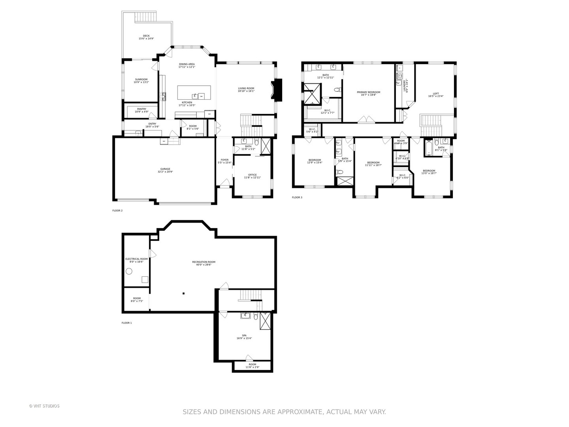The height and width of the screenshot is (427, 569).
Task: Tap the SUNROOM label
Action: click(141, 79)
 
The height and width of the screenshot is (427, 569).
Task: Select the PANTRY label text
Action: click(141, 109)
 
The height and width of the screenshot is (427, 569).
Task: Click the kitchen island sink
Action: click(194, 96)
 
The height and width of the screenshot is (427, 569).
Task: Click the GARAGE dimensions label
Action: click(165, 172)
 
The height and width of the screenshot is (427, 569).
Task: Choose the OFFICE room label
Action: click(252, 175)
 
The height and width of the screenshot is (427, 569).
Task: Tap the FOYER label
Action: click(224, 160)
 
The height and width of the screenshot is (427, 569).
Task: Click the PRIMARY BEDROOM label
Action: click(368, 92)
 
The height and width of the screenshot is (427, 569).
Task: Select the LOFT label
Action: click(435, 94)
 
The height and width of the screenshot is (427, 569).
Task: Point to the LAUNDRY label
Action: click(405, 86)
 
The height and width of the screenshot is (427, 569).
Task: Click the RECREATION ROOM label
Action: click(203, 262)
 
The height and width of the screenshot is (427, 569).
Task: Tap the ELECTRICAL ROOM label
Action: click(136, 259)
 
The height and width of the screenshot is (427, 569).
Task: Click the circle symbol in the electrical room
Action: click(129, 271)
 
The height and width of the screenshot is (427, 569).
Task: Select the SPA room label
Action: click(244, 335)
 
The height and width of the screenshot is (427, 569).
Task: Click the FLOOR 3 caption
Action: click(297, 197)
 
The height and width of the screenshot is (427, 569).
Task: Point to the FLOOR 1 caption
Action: click(126, 323)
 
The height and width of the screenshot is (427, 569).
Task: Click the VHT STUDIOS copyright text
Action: click(44, 406)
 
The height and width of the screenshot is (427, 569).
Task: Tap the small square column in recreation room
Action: click(184, 293)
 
